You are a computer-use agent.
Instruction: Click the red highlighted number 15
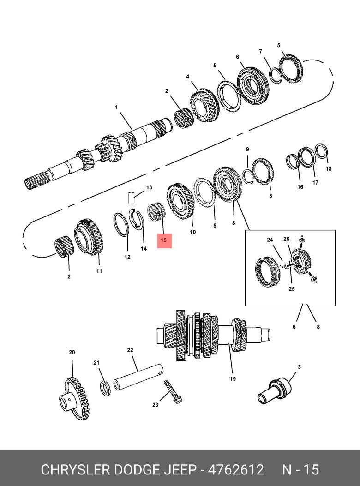164,240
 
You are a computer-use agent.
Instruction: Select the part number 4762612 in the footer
236,470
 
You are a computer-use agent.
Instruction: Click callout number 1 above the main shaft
116,108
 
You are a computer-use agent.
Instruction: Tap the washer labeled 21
105,388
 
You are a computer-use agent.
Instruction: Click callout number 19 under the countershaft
233,379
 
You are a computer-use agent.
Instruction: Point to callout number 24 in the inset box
270,240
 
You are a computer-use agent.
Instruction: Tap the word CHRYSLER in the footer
74,470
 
